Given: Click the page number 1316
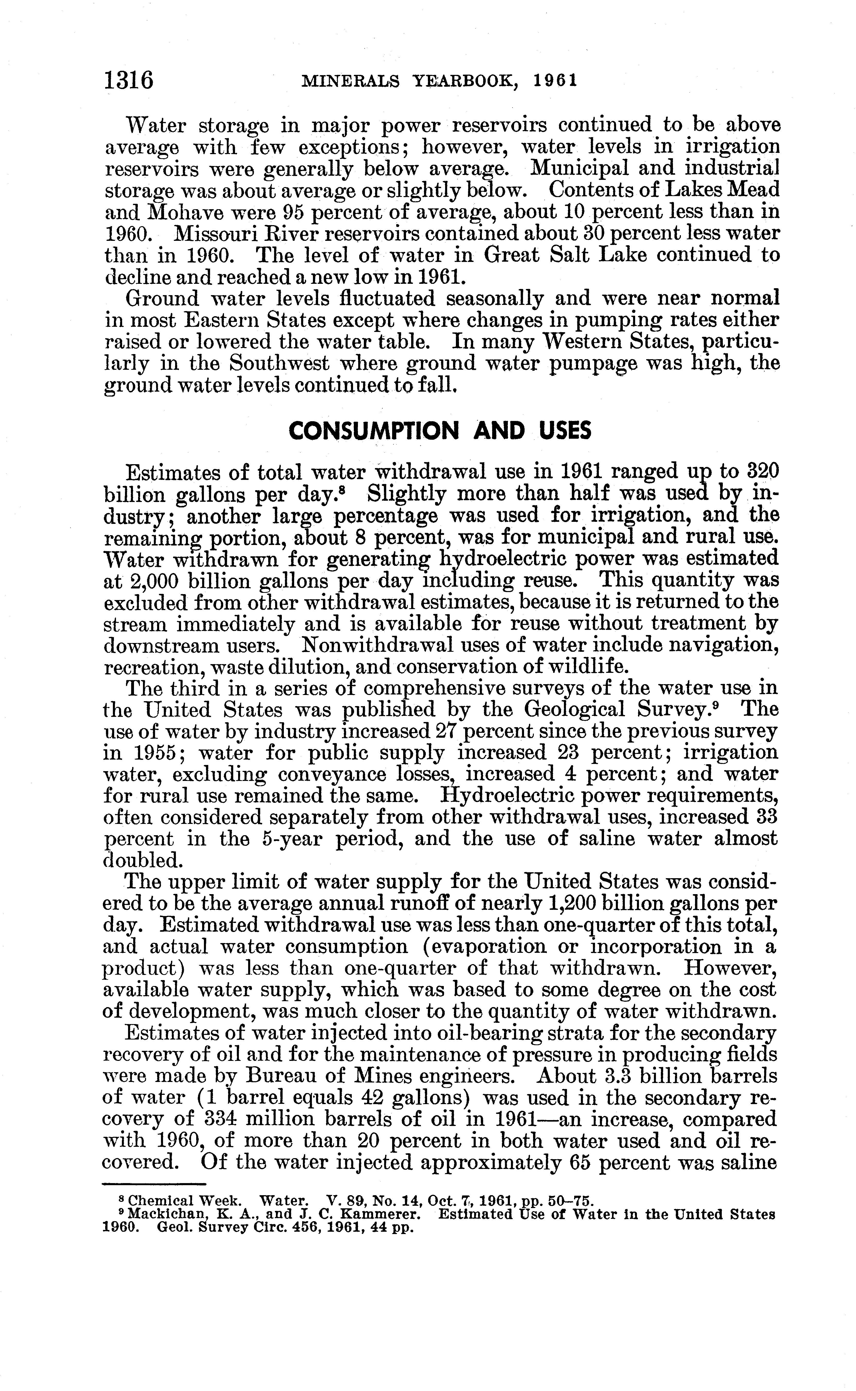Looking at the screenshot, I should coord(129,81).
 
